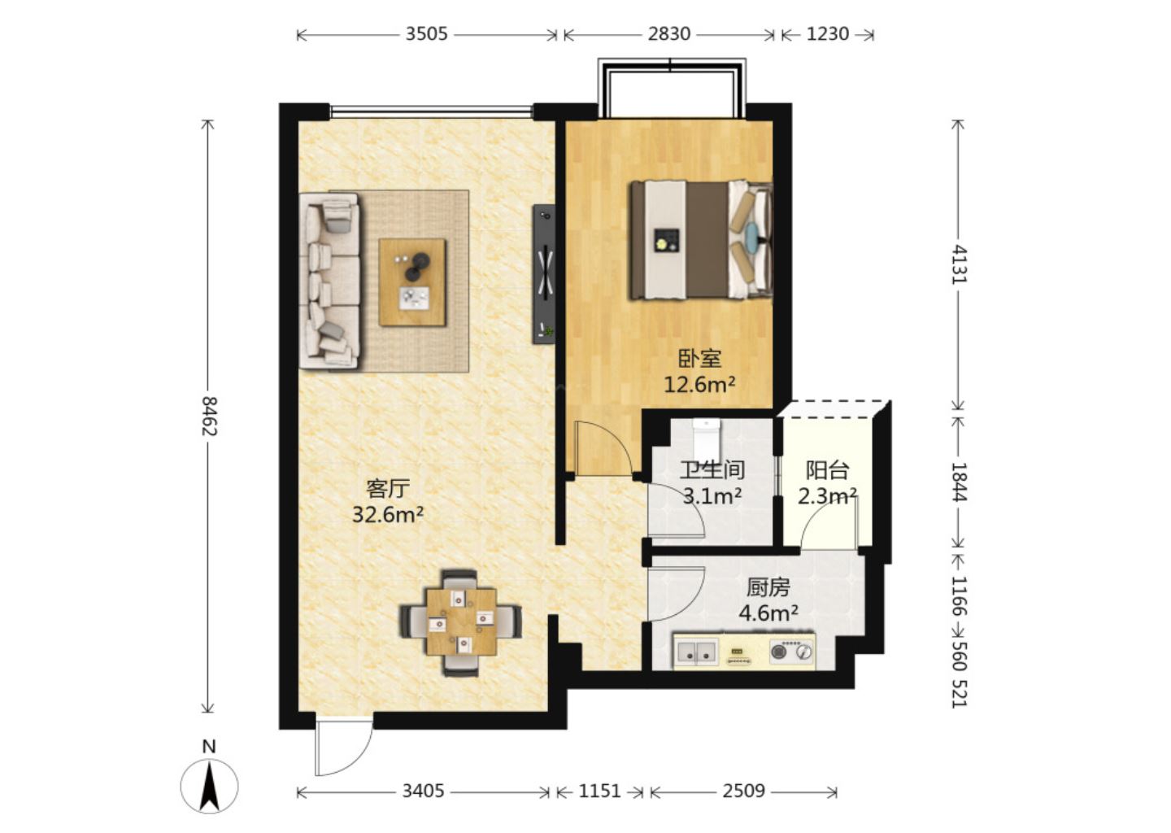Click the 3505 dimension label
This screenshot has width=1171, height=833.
click(x=427, y=34)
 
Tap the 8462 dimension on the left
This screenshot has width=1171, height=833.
click(x=209, y=416)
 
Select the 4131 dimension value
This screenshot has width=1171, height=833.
click(x=959, y=264)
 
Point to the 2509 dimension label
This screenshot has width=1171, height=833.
click(x=743, y=792)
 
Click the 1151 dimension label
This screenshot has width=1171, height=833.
click(x=599, y=792)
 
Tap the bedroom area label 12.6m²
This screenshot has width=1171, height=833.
click(x=699, y=385)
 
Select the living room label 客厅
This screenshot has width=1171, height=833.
click(x=387, y=489)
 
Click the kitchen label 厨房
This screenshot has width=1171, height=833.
click(x=768, y=588)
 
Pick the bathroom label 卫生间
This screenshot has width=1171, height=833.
click(x=712, y=470)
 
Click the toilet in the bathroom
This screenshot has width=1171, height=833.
click(x=706, y=438)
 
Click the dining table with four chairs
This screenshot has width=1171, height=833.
click(x=460, y=622)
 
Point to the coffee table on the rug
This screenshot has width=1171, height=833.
click(x=412, y=282)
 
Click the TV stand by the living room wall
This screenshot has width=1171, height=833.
click(x=544, y=274)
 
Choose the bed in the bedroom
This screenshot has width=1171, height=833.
click(x=702, y=241)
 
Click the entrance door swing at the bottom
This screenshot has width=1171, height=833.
click(x=343, y=747)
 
